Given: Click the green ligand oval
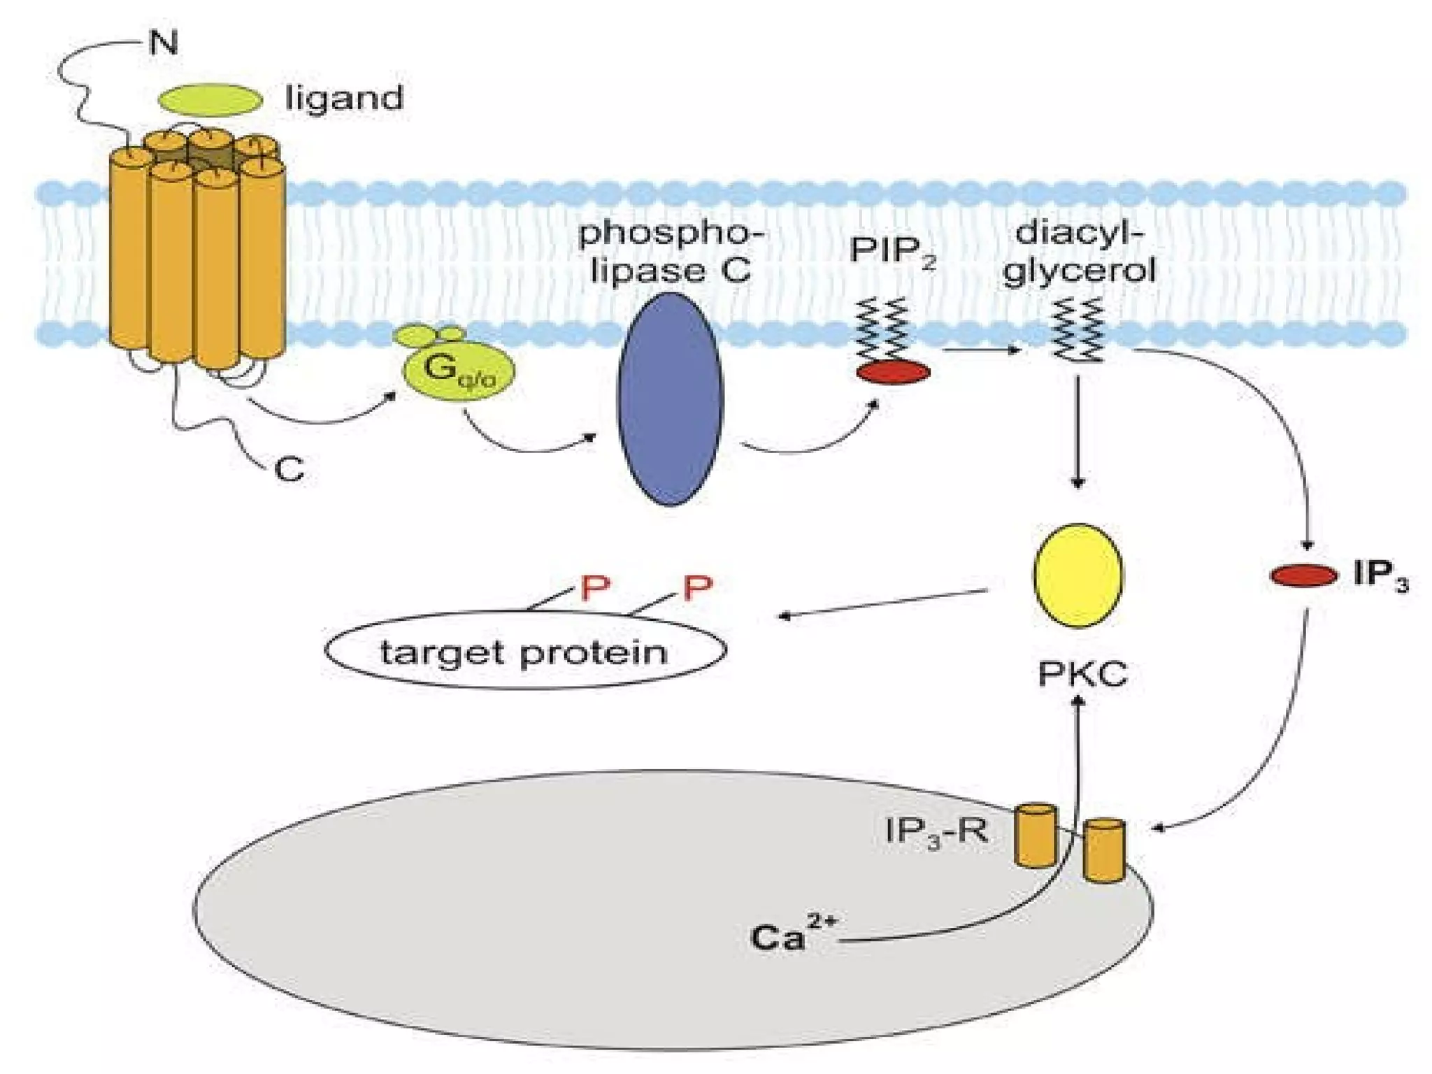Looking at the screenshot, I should [x=210, y=100].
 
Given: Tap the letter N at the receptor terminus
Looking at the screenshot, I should [x=164, y=43].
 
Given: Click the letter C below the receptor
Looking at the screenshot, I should [x=289, y=469].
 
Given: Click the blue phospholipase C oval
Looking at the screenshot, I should [x=669, y=399].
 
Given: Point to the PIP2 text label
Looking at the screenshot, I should [x=892, y=251].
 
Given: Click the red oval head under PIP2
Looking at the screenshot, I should [x=893, y=372].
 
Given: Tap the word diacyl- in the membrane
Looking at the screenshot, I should [x=1079, y=233].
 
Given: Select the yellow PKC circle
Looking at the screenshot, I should [x=1077, y=575].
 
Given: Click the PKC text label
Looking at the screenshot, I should [x=1082, y=675].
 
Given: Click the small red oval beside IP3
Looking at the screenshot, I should [x=1303, y=575].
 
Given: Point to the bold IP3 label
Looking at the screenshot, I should [x=1380, y=575].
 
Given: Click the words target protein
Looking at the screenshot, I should [x=524, y=652].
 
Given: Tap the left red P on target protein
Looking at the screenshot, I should [x=595, y=589].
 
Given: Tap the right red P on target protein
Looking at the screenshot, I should [x=697, y=588].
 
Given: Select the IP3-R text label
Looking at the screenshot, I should [x=936, y=832].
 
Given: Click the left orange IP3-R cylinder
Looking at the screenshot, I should [x=1036, y=836].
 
